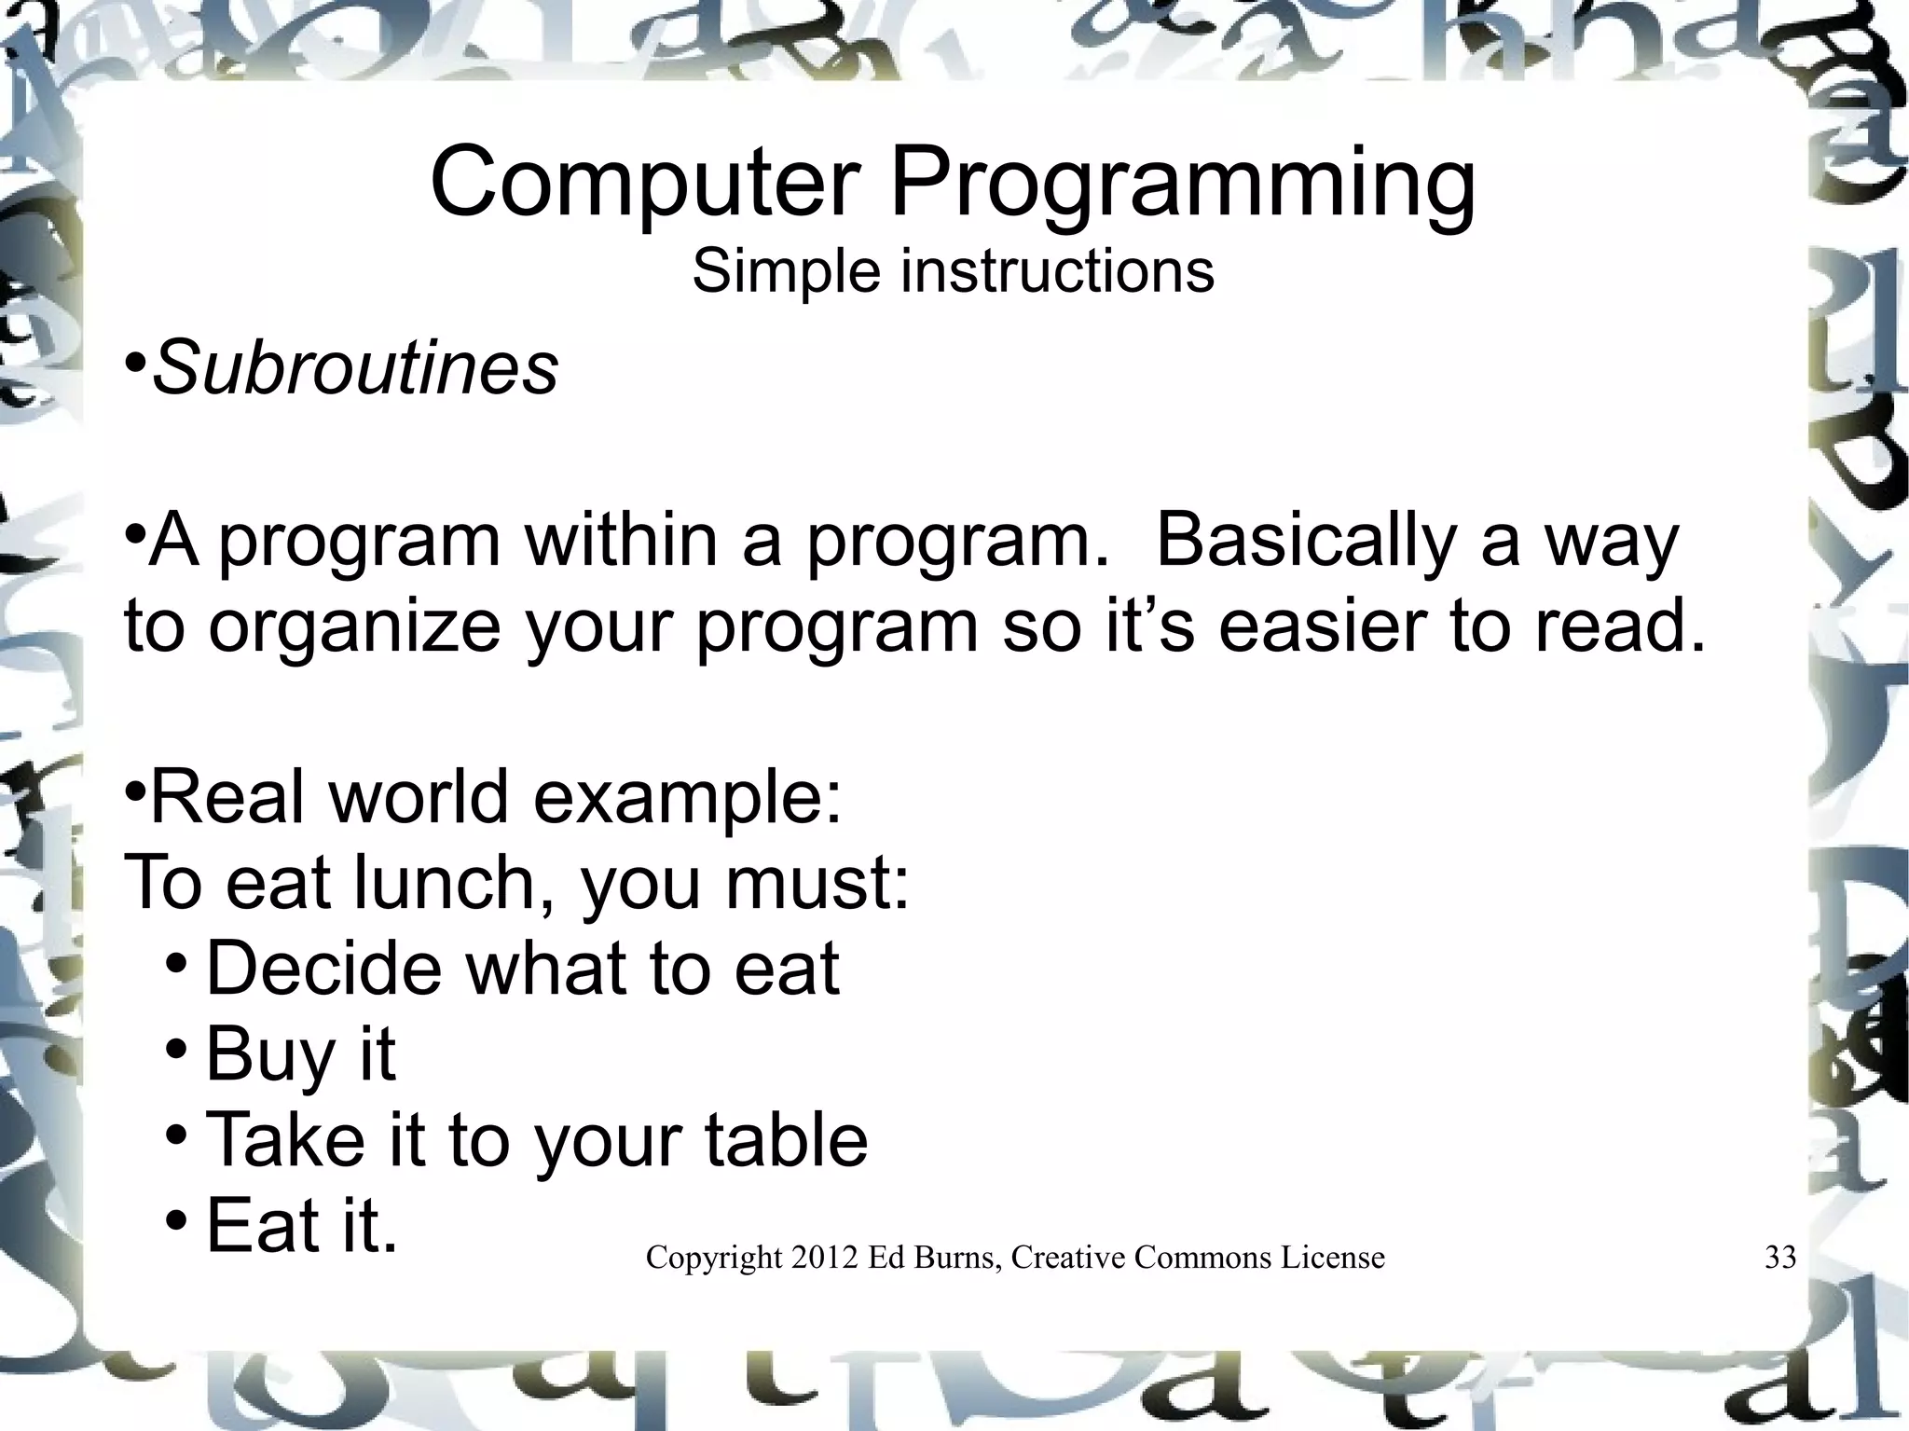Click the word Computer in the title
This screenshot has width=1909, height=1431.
[643, 183]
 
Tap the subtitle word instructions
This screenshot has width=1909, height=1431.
[1057, 271]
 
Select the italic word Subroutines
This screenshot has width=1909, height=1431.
[354, 368]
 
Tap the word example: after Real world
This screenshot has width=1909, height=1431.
[687, 800]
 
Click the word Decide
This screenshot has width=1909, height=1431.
[323, 969]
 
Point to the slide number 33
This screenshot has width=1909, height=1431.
[1780, 1259]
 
